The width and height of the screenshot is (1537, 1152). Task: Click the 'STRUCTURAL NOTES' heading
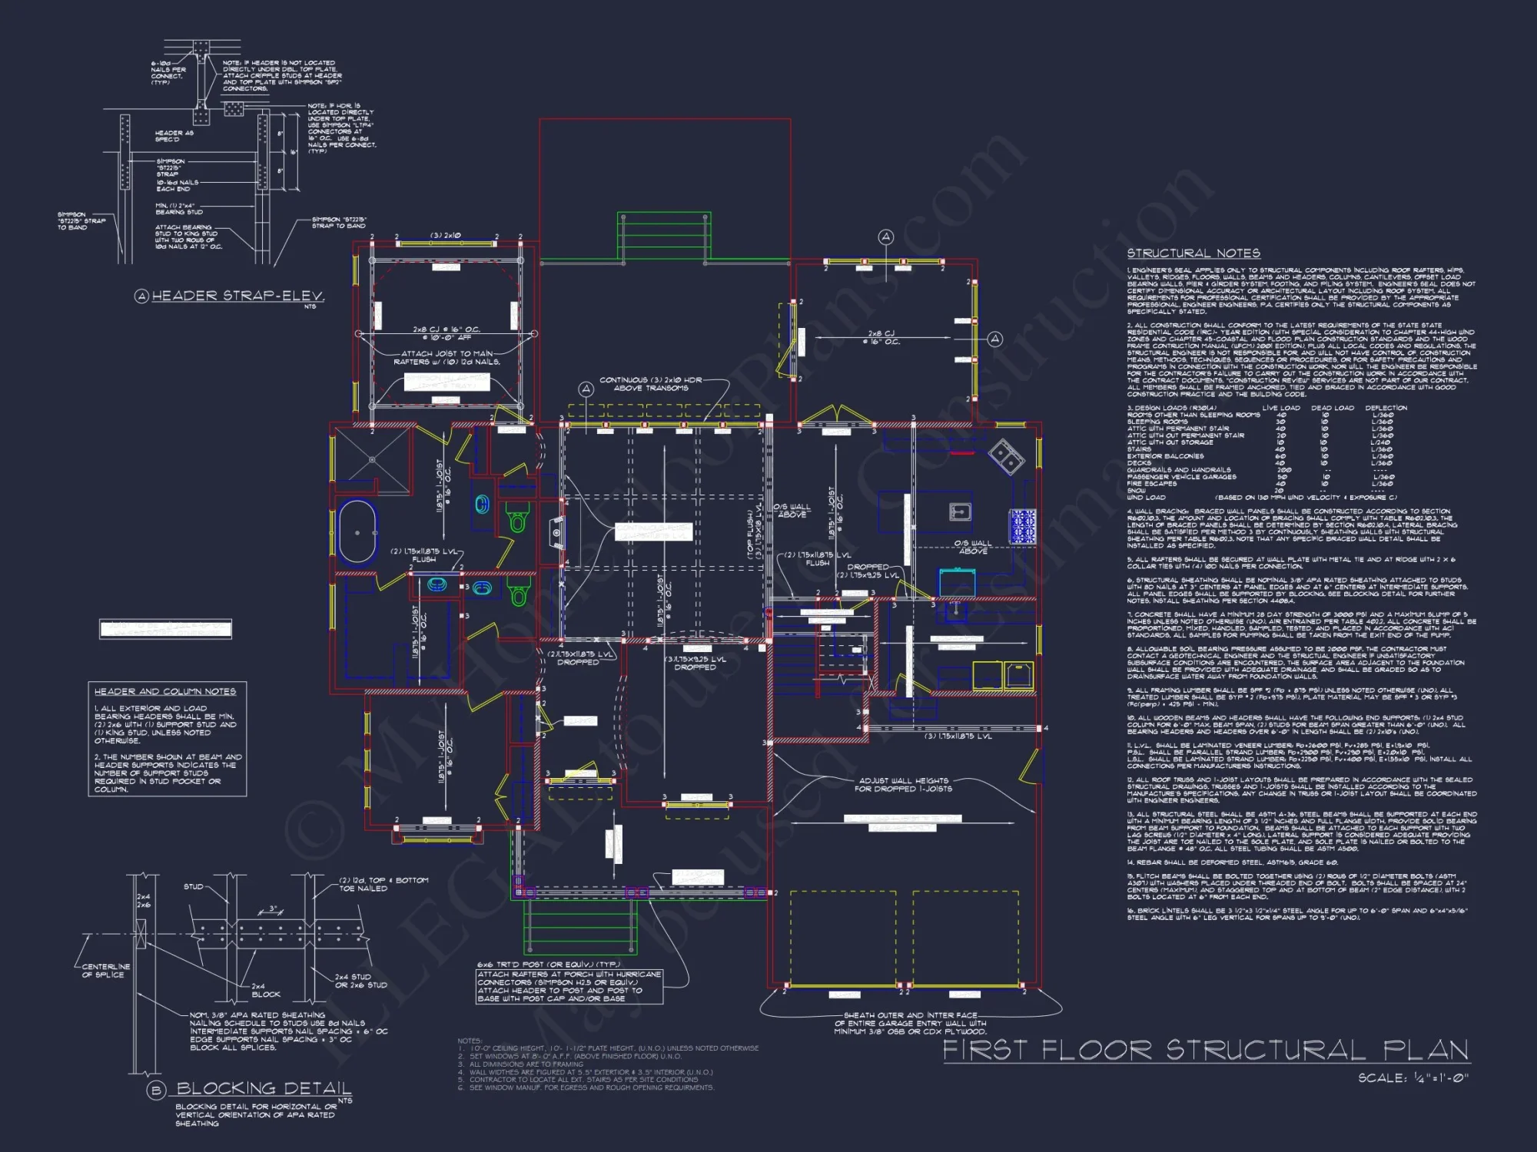click(x=1193, y=253)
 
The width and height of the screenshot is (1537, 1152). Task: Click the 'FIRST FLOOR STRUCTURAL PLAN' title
click(x=1205, y=1050)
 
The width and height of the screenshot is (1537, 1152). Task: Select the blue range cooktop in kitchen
click(x=1023, y=527)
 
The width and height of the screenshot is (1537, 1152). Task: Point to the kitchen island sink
click(x=960, y=511)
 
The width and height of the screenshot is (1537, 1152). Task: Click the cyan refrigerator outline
click(x=957, y=582)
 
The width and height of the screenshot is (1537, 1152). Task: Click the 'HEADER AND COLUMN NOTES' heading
click(x=165, y=691)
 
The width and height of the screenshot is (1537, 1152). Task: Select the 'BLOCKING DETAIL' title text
click(x=264, y=1088)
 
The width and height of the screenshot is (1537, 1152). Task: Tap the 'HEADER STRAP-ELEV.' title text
click(x=237, y=296)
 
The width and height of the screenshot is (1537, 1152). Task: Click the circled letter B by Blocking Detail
click(x=157, y=1091)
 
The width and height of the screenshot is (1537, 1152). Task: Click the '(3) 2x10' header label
click(x=446, y=236)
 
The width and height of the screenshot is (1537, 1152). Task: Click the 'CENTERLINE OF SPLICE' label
click(x=106, y=971)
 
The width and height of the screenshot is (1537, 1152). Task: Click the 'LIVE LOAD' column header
click(x=1281, y=408)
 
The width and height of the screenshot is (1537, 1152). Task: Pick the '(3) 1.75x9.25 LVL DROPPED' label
click(x=695, y=663)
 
